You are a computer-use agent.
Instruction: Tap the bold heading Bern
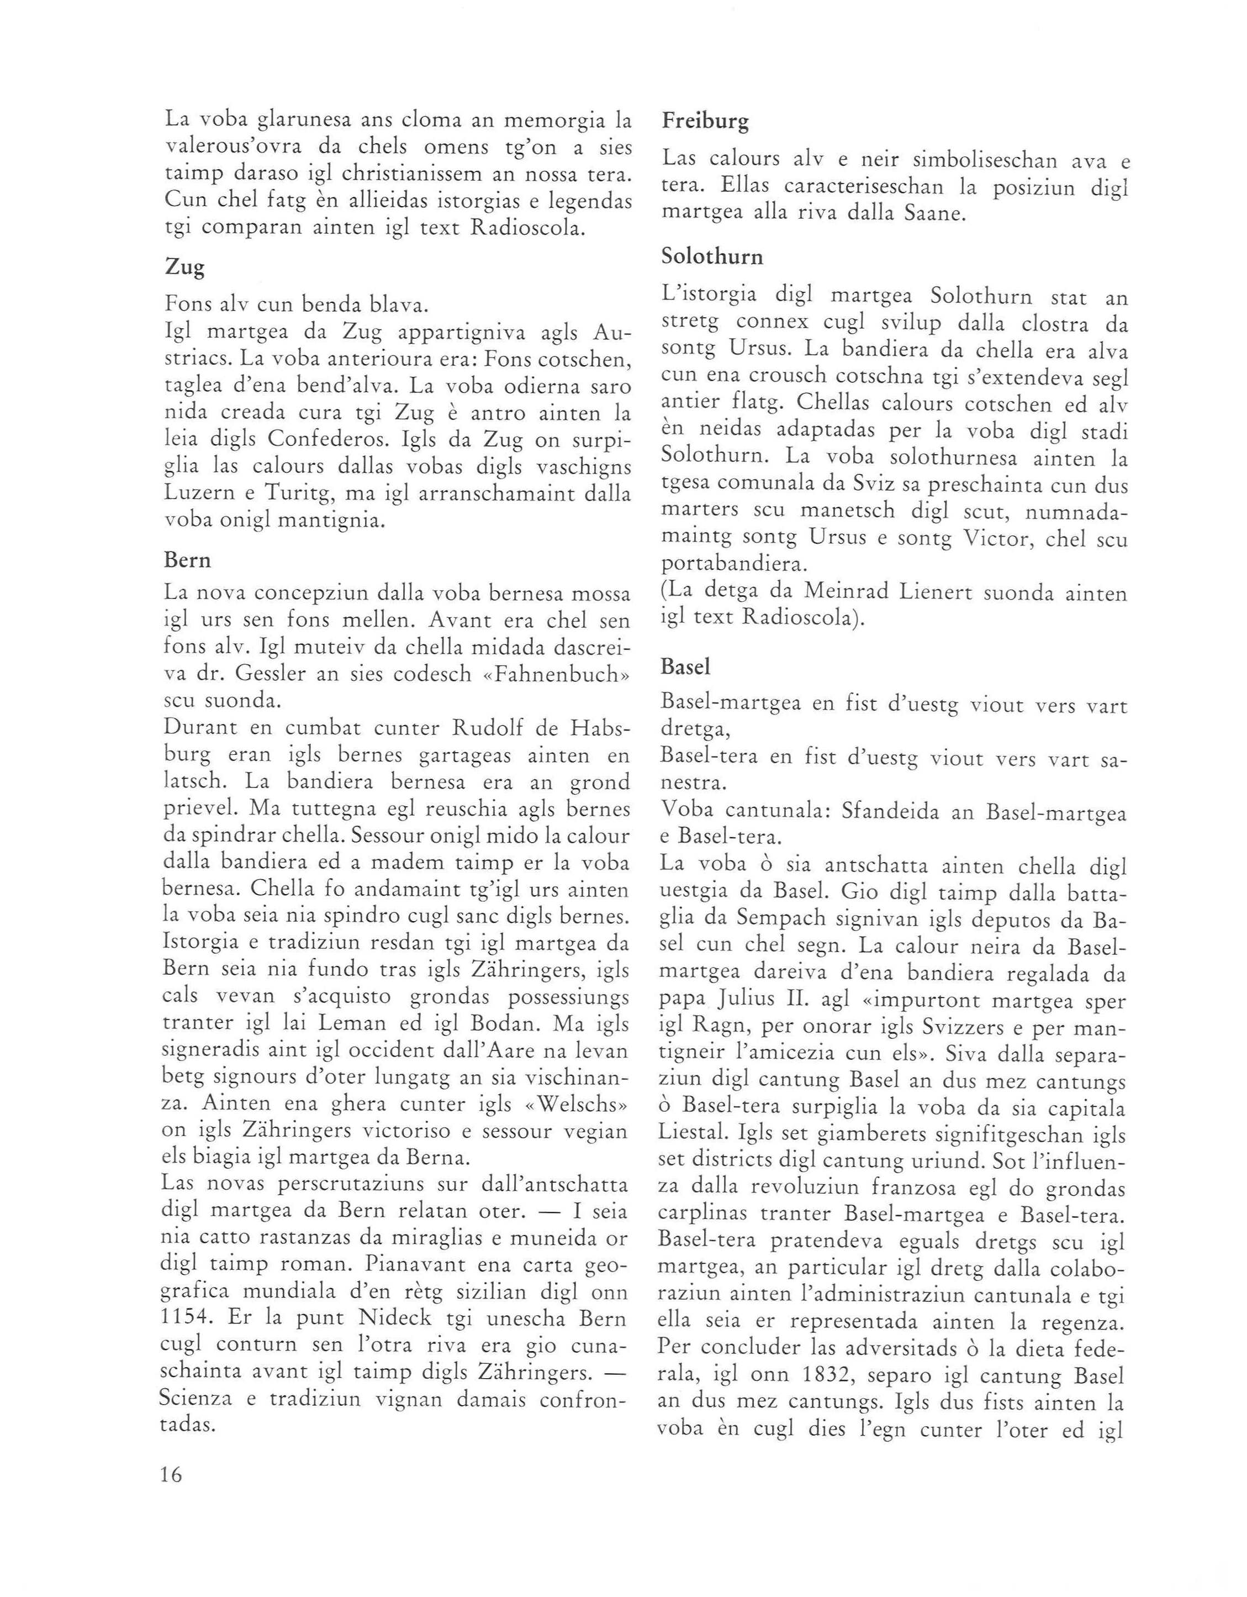tap(187, 560)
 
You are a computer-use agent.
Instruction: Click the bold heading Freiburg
tap(705, 120)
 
